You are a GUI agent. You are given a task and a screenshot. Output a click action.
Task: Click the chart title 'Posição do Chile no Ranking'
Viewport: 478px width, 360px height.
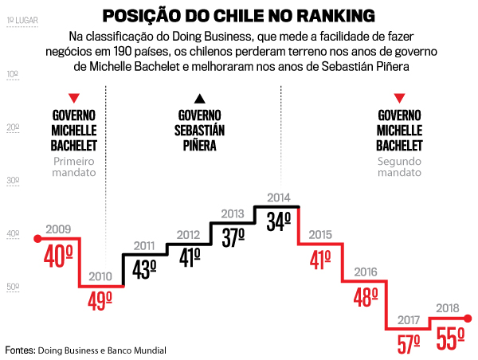pos(239,17)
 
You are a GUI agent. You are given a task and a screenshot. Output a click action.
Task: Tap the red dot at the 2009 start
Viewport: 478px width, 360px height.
pos(37,238)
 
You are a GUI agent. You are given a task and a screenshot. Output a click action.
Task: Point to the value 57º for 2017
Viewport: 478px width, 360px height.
pos(409,342)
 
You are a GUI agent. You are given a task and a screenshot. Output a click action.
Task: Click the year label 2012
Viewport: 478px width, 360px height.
pos(187,235)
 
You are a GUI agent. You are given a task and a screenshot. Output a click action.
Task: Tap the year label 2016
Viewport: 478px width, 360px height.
pos(364,272)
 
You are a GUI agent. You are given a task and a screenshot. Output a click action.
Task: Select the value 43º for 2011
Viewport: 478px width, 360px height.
pos(143,269)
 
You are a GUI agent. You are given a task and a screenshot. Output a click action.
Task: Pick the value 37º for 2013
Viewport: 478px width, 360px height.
pos(233,237)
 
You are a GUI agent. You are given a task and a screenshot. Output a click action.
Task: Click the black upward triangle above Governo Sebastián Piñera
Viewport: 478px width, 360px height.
pos(200,98)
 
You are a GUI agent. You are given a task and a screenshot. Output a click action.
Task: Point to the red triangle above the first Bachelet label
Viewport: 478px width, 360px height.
pos(74,98)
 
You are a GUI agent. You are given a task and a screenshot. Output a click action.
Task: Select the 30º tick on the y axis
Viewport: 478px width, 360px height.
pos(13,181)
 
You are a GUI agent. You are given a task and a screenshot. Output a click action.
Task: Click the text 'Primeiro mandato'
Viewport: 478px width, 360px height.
pos(74,166)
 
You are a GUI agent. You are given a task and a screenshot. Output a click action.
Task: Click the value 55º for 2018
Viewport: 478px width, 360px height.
pos(450,339)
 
